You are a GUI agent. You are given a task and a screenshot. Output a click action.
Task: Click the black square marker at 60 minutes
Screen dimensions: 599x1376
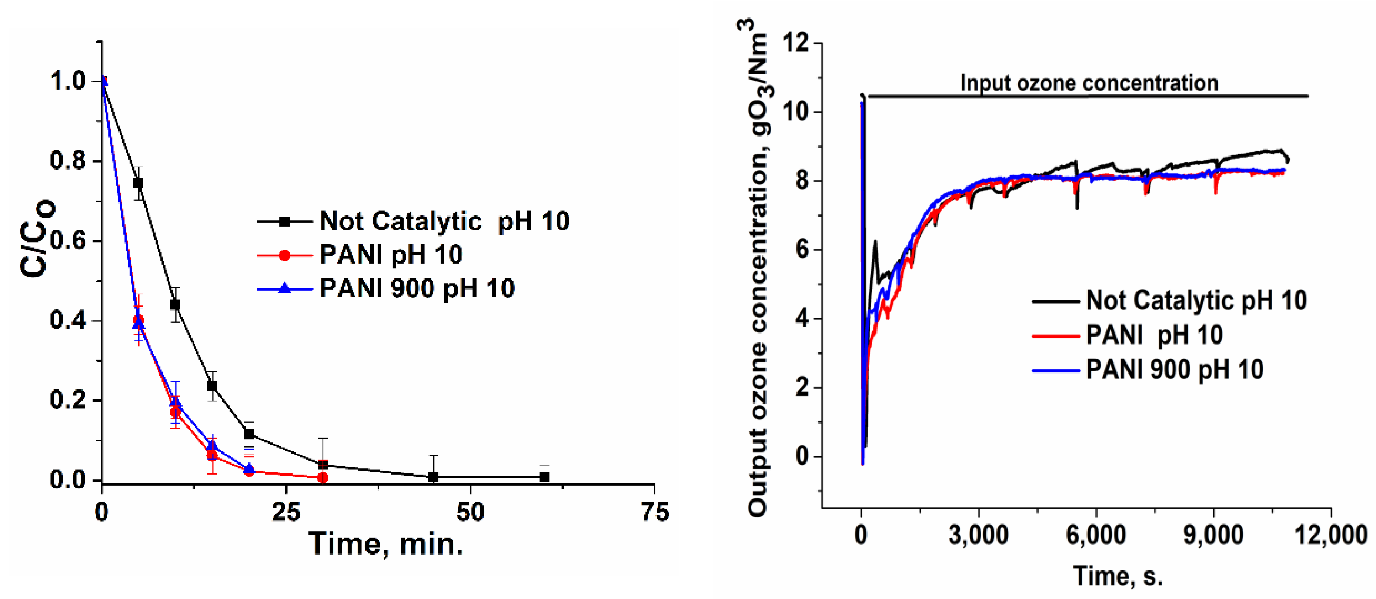pos(544,477)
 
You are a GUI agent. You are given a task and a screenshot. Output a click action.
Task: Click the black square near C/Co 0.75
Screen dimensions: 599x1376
pos(138,183)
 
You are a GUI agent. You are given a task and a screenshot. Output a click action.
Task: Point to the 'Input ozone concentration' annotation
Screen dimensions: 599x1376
pos(1089,83)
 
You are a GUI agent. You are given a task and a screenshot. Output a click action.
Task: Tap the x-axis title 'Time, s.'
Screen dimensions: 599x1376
pos(1118,576)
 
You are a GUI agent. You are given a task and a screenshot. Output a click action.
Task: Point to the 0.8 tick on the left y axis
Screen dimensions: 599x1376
pos(68,161)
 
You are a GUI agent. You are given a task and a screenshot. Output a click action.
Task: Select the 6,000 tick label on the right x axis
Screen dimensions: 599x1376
pos(1096,535)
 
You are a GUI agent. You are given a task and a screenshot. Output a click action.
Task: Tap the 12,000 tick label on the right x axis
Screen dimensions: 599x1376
pos(1330,535)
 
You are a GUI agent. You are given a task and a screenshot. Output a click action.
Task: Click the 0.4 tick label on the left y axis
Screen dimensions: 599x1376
pos(68,320)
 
